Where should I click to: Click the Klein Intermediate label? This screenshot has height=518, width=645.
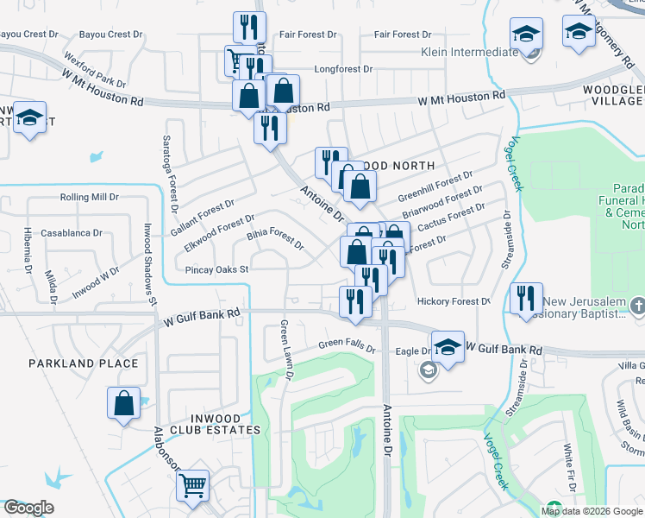(470, 52)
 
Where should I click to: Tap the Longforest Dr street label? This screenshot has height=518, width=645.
(343, 68)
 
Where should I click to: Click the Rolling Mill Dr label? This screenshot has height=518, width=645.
(89, 197)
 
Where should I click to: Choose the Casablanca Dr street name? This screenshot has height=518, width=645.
(72, 233)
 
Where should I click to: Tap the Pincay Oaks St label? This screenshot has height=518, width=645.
(217, 269)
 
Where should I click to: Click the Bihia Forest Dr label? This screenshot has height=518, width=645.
(275, 239)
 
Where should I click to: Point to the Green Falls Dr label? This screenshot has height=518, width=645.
(348, 347)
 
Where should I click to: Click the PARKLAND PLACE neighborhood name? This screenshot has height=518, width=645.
(83, 363)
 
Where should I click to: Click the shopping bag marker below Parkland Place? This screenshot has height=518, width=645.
(123, 401)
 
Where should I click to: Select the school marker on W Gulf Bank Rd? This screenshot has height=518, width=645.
(447, 347)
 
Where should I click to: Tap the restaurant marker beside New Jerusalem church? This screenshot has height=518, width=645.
(526, 299)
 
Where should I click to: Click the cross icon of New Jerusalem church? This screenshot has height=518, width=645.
(637, 305)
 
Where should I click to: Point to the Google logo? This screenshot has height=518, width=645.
(28, 508)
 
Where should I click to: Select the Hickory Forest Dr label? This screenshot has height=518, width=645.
(454, 301)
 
